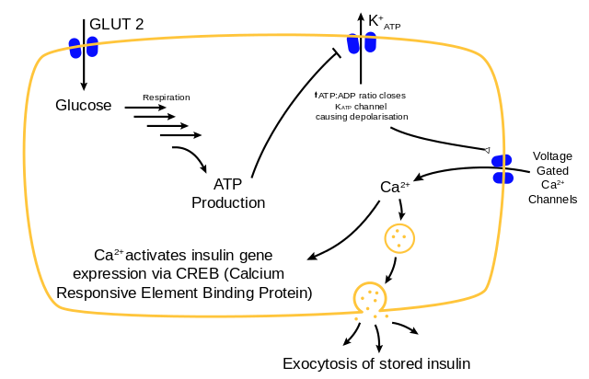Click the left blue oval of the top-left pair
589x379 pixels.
pos(75,48)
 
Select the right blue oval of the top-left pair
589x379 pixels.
pos(92,46)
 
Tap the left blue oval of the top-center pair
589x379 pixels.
pos(353,44)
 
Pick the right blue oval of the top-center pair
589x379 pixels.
pos(370,41)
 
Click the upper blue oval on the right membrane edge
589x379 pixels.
pos(502,160)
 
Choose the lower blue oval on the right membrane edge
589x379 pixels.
pos(502,178)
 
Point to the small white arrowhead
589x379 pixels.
pos(487,150)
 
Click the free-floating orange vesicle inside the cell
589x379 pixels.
pos(399,238)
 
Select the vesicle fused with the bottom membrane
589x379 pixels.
pos(370,298)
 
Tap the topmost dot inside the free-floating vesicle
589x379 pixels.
pos(398,231)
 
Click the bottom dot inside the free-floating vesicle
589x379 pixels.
pos(398,246)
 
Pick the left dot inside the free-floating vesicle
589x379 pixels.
pos(393,237)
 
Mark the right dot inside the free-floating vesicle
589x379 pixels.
pos(404,237)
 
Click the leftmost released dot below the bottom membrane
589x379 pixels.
pos(356,318)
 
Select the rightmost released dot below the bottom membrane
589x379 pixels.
pos(387,316)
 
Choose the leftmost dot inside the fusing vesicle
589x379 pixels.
pos(363,298)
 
